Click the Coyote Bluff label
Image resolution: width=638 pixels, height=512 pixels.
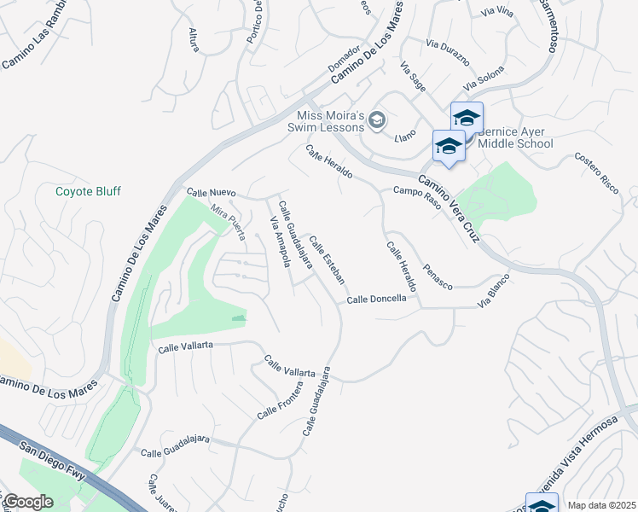click(x=88, y=191)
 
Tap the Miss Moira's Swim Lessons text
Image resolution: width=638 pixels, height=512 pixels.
click(x=330, y=122)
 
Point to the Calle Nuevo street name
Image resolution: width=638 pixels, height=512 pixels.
click(x=211, y=194)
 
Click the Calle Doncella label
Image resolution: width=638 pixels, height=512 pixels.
click(x=382, y=300)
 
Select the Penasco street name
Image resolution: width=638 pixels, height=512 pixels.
click(x=438, y=276)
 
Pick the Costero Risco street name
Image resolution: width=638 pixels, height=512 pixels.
click(x=596, y=173)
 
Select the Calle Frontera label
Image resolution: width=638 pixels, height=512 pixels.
click(x=280, y=399)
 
